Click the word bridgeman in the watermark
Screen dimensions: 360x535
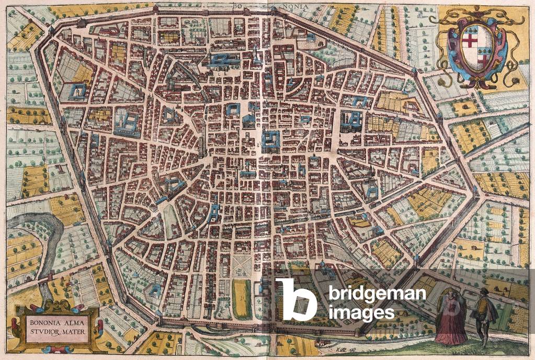(377, 294)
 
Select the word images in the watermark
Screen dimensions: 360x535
(361, 313)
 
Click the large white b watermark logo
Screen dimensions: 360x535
(296, 299)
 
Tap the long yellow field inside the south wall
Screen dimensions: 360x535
(242, 298)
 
